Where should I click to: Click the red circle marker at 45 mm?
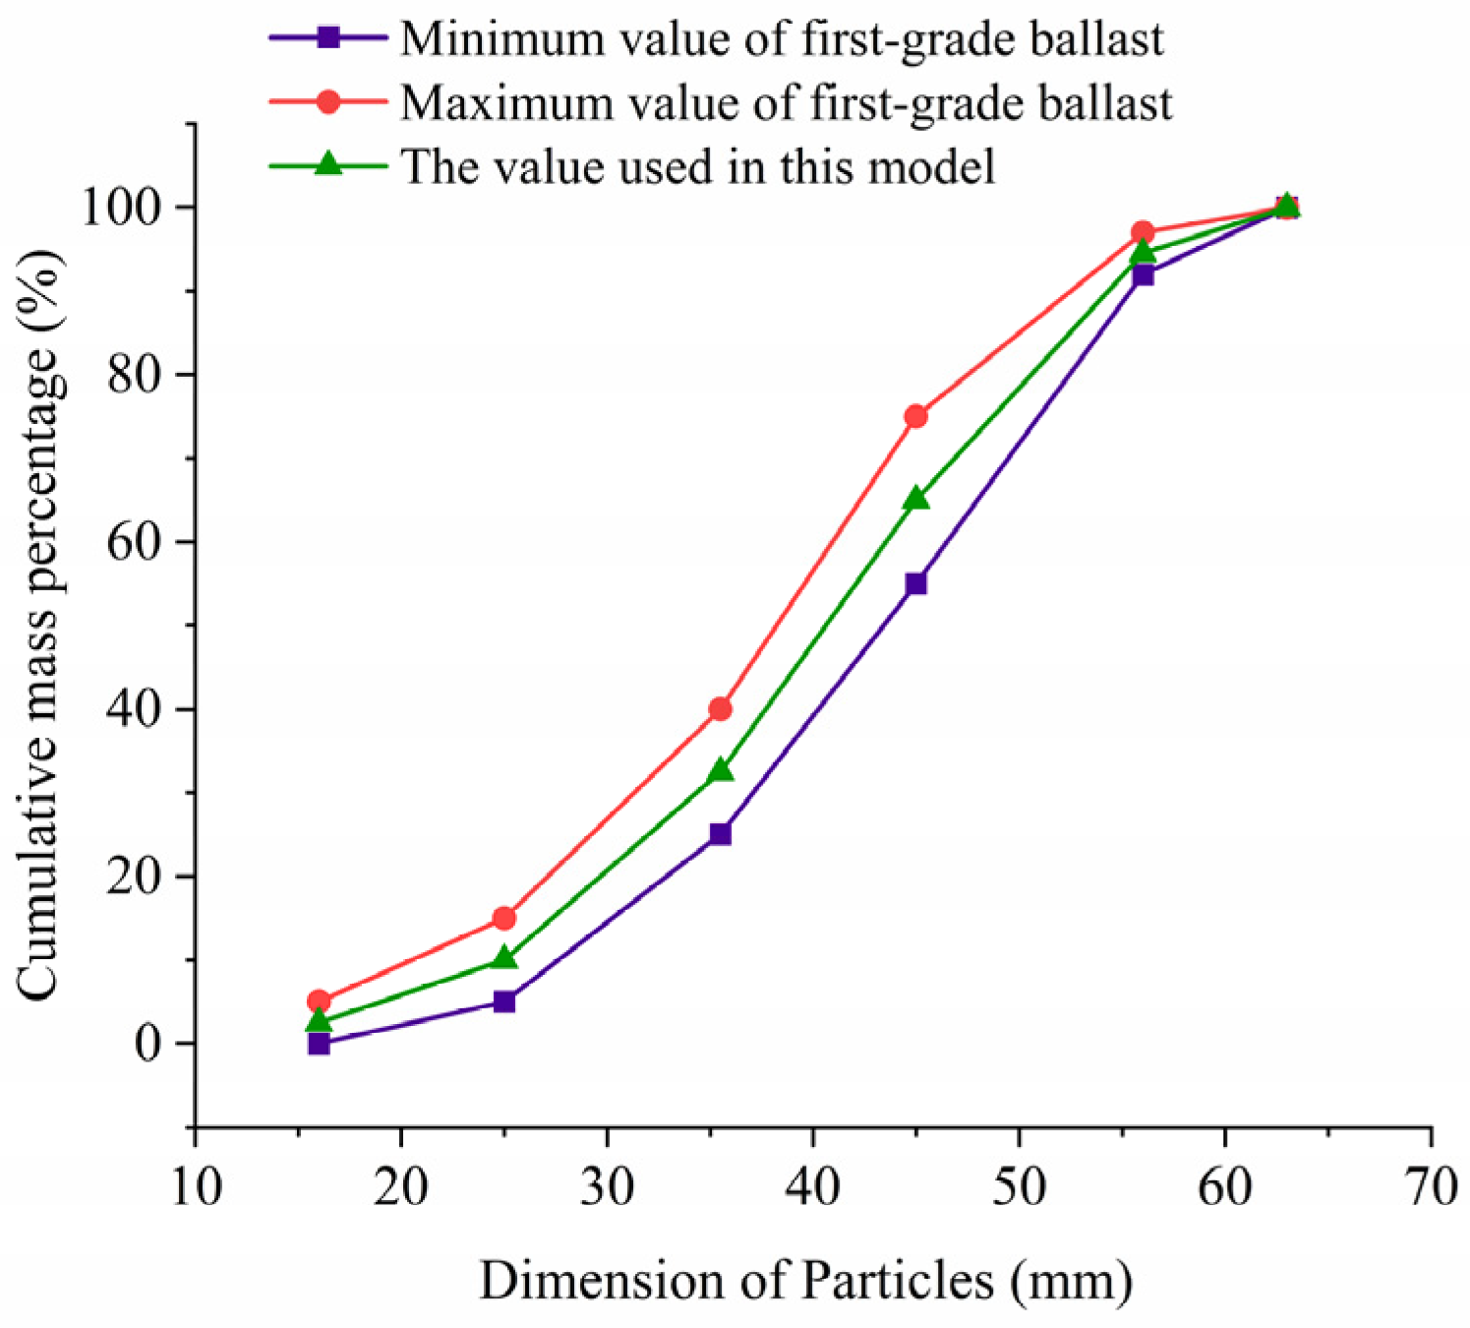pyautogui.click(x=915, y=416)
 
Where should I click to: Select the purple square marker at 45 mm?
pyautogui.click(x=915, y=583)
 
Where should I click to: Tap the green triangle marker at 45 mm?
pyautogui.click(x=915, y=499)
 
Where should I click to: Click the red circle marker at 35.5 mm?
pyautogui.click(x=721, y=708)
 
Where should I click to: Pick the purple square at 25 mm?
pyautogui.click(x=504, y=1001)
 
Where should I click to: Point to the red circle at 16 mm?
pyautogui.click(x=319, y=1001)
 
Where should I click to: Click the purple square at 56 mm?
pyautogui.click(x=1143, y=274)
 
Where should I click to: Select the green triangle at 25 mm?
pyautogui.click(x=504, y=958)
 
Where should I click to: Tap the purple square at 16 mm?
pyautogui.click(x=319, y=1044)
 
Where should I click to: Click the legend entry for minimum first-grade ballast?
pyautogui.click(x=782, y=39)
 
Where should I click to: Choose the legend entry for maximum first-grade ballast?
pyautogui.click(x=786, y=102)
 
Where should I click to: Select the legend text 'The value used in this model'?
pyautogui.click(x=697, y=166)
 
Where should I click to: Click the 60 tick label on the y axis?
pyautogui.click(x=134, y=542)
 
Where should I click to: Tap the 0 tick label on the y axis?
pyautogui.click(x=147, y=1044)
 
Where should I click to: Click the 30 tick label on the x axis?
pyautogui.click(x=607, y=1186)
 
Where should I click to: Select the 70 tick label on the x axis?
pyautogui.click(x=1431, y=1186)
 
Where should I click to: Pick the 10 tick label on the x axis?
pyautogui.click(x=196, y=1186)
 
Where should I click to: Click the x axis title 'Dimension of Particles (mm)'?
pyautogui.click(x=806, y=1281)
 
